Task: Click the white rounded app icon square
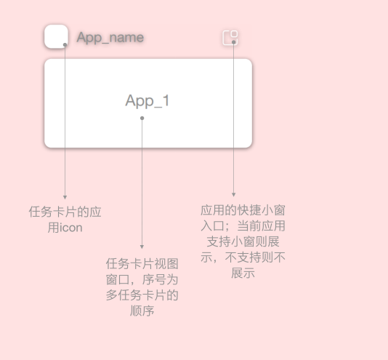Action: pyautogui.click(x=56, y=36)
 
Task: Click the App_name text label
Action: pyautogui.click(x=110, y=38)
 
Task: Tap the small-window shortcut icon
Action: pyautogui.click(x=230, y=38)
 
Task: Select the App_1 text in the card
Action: pyautogui.click(x=147, y=100)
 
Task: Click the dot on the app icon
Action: pyautogui.click(x=65, y=45)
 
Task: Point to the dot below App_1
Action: pyautogui.click(x=142, y=119)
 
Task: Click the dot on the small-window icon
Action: pyautogui.click(x=233, y=42)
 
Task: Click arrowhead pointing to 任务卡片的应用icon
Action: pyautogui.click(x=65, y=197)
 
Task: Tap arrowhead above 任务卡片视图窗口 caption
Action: pyautogui.click(x=142, y=247)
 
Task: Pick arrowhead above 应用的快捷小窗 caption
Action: pyautogui.click(x=233, y=195)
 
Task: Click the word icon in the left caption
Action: pyautogui.click(x=71, y=228)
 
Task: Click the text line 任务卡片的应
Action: pyautogui.click(x=65, y=212)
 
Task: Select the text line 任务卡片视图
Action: pyautogui.click(x=142, y=263)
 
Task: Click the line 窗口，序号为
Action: pyautogui.click(x=142, y=279)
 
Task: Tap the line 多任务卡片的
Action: pyautogui.click(x=142, y=295)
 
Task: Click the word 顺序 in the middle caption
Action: pyautogui.click(x=142, y=311)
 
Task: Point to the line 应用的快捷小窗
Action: pyautogui.click(x=243, y=210)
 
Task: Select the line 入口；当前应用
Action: pyautogui.click(x=243, y=225)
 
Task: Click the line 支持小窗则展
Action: pyautogui.click(x=243, y=241)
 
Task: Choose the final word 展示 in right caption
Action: pyautogui.click(x=243, y=273)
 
